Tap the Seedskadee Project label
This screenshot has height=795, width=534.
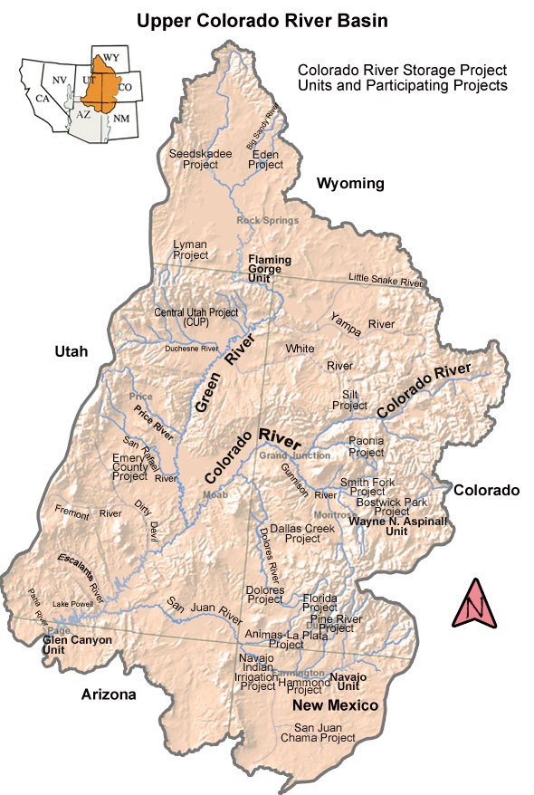[194, 158]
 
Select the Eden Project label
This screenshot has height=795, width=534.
[265, 158]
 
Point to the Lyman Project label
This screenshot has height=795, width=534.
[190, 250]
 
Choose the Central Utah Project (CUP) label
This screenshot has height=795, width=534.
[196, 317]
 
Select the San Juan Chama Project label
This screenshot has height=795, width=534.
[324, 733]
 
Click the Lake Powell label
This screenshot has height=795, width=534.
[73, 603]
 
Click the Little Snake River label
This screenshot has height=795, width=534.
[386, 282]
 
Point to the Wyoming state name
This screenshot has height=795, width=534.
[350, 184]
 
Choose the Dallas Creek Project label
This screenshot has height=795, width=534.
[290, 532]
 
